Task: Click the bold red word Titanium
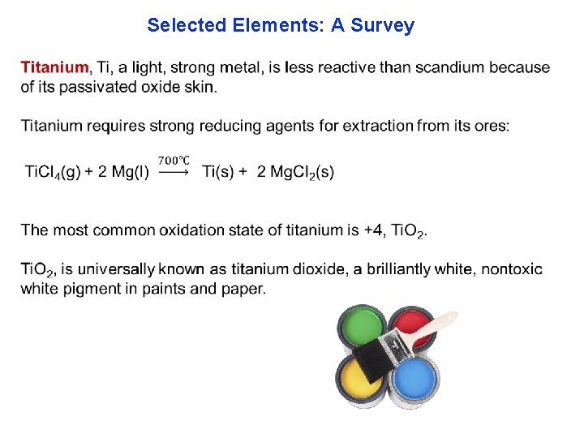click(55, 67)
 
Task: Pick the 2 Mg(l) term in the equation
click(123, 172)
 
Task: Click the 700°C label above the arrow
click(174, 161)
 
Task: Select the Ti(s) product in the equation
click(221, 172)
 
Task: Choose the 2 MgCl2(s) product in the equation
click(295, 172)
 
